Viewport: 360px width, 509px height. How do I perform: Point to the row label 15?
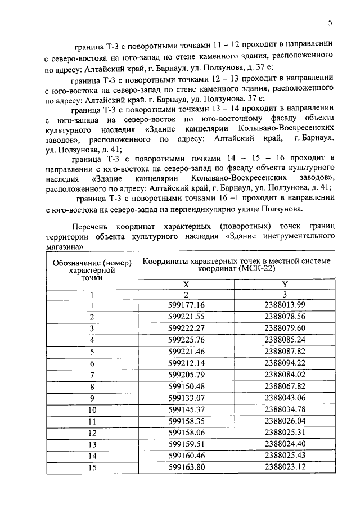click(91, 466)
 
